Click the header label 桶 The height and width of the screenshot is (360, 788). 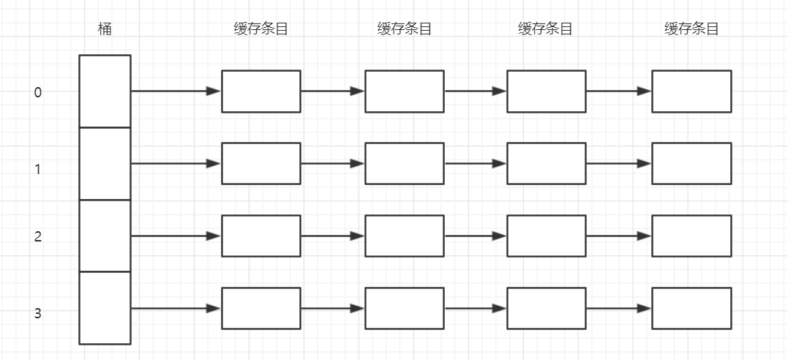point(105,29)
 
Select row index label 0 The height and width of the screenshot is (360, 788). point(38,92)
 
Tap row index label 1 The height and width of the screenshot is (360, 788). point(38,169)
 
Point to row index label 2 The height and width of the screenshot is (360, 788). point(38,237)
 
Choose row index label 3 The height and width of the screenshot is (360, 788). point(38,314)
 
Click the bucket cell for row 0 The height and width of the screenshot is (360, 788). point(105,91)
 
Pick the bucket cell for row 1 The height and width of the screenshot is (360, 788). point(105,163)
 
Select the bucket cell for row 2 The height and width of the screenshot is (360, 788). point(105,236)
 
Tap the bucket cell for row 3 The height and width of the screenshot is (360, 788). point(105,307)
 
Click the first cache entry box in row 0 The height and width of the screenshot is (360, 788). point(261,91)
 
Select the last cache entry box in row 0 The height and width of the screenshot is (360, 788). point(691,91)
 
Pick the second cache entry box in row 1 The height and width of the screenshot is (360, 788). point(404,163)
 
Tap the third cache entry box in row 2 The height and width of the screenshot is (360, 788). point(547,236)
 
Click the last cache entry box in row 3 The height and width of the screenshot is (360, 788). point(691,308)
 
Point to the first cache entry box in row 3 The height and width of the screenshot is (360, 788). point(261,308)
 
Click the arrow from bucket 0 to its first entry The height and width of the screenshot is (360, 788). point(176,91)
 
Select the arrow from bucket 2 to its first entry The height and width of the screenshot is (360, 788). point(176,236)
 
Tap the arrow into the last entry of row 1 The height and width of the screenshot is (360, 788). point(618,163)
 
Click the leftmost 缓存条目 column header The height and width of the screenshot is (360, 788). point(260,29)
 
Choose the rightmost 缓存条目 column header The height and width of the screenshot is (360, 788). point(691,29)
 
